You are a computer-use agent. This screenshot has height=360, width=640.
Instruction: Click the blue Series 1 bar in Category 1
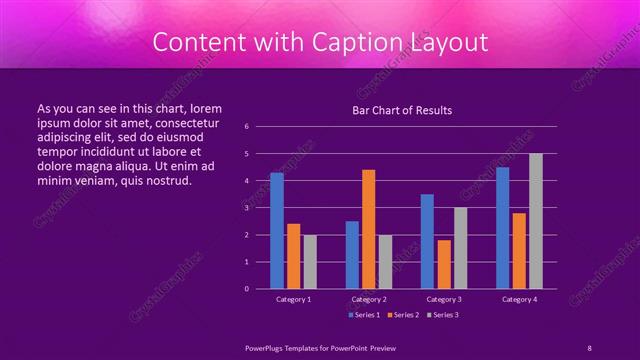point(277,231)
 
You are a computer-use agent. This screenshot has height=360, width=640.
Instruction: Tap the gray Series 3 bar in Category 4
point(536,221)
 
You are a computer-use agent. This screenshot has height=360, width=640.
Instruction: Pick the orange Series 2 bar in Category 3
point(444,264)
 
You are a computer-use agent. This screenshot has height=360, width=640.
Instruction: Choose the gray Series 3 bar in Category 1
point(310,262)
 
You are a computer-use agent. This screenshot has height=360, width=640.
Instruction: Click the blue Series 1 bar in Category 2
point(352,255)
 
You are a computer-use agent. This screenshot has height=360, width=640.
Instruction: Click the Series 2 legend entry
point(403,315)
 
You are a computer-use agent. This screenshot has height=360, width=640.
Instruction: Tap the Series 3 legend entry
point(444,315)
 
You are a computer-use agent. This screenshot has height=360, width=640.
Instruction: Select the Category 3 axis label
point(444,299)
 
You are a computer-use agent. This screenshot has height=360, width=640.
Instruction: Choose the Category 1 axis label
point(293,299)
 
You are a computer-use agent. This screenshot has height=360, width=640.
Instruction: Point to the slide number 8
point(589,346)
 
